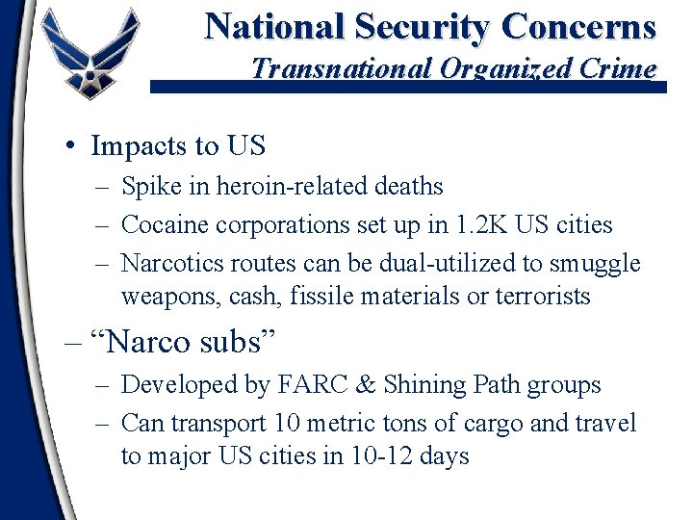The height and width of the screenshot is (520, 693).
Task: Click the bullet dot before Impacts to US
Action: pos(71,145)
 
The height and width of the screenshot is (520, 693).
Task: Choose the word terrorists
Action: pos(542,297)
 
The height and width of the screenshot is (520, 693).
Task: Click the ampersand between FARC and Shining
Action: pos(367,385)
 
